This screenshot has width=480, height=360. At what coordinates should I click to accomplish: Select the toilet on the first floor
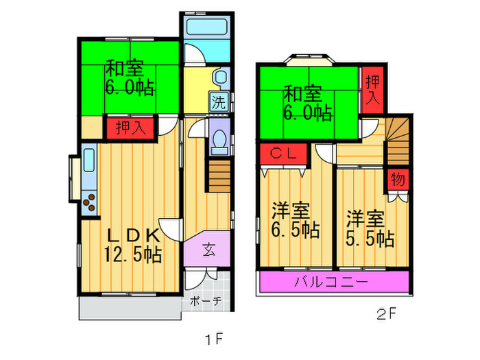pyautogui.click(x=220, y=141)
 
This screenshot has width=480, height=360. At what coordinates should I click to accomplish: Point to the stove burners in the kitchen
pyautogui.click(x=89, y=202)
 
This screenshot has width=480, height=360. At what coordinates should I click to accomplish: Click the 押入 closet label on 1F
pyautogui.click(x=125, y=128)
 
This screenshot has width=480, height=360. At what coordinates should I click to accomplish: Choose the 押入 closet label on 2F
pyautogui.click(x=372, y=90)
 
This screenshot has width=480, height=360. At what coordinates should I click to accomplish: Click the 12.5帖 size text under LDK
pyautogui.click(x=132, y=256)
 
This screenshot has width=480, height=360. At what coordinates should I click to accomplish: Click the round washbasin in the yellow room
pyautogui.click(x=219, y=77)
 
